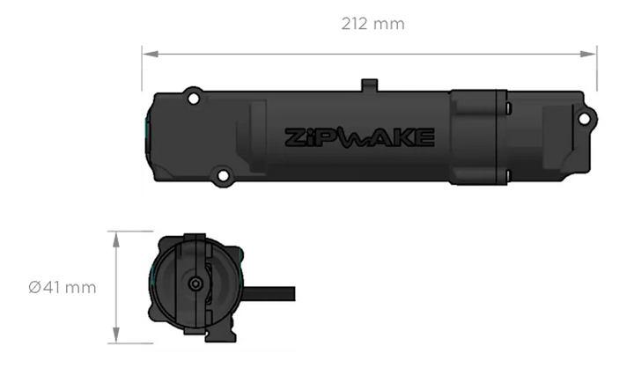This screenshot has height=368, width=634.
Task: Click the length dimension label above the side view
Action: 372,25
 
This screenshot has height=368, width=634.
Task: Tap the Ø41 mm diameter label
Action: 63,287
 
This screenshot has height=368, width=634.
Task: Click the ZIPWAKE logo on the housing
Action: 358,137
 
